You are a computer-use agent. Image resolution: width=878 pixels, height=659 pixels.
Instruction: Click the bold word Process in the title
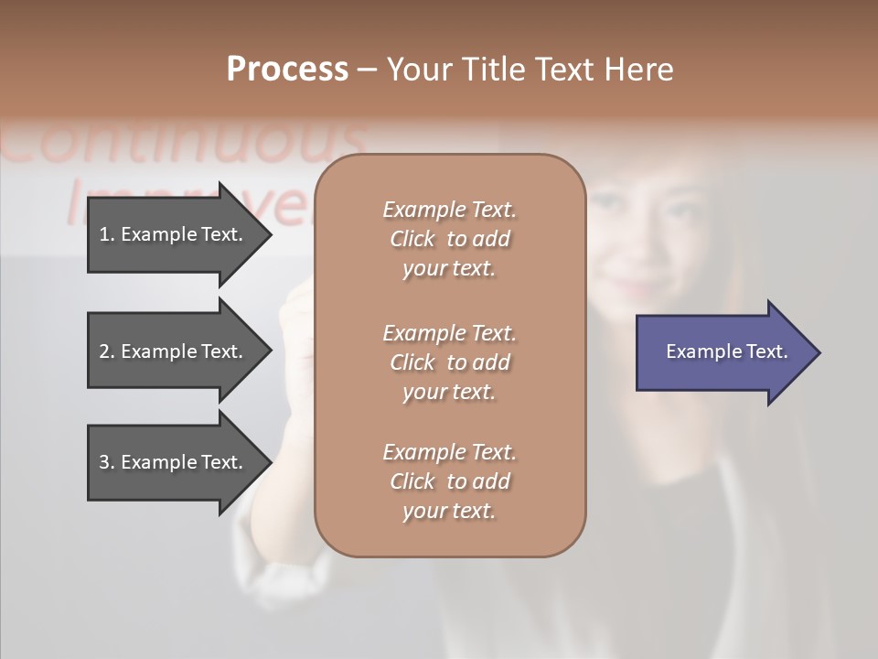pos(287,70)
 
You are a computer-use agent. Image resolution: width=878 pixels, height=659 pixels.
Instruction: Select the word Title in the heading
pos(493,70)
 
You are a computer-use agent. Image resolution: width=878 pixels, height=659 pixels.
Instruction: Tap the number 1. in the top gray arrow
pos(107,234)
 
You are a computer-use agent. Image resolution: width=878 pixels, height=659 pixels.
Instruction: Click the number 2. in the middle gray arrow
pos(107,351)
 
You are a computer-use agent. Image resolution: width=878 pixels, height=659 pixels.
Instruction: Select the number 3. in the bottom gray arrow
pos(107,462)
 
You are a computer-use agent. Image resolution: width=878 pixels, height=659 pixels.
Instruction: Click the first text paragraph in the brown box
pos(449,239)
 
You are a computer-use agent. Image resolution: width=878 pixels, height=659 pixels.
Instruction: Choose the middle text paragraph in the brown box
pos(449,362)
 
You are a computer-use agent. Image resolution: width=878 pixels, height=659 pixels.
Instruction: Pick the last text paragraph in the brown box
pos(449,481)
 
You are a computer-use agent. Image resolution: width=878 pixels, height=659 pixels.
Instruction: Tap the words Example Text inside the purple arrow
pos(726,351)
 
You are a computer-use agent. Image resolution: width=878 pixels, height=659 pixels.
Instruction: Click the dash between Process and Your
pos(367,70)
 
